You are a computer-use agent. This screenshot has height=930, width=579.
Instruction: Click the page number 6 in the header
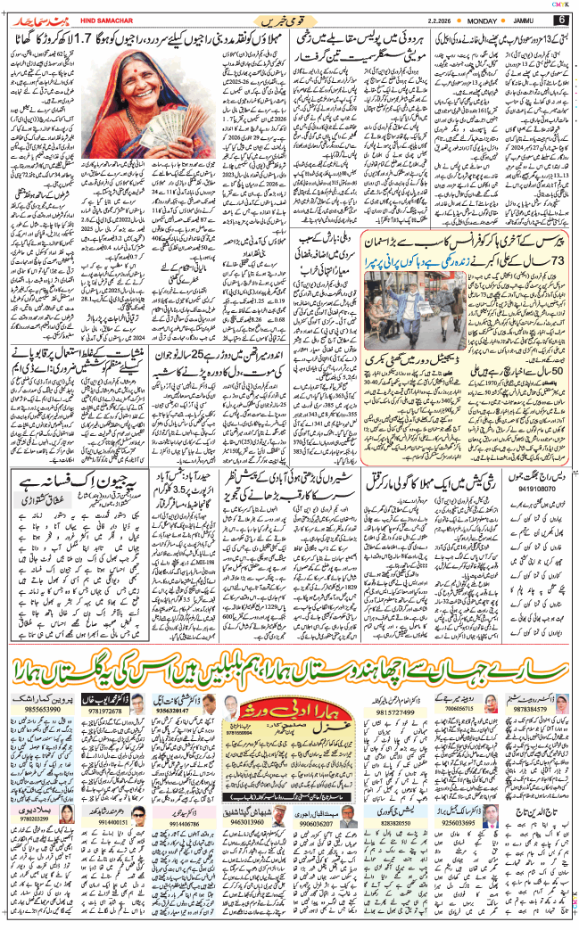click(x=561, y=20)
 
